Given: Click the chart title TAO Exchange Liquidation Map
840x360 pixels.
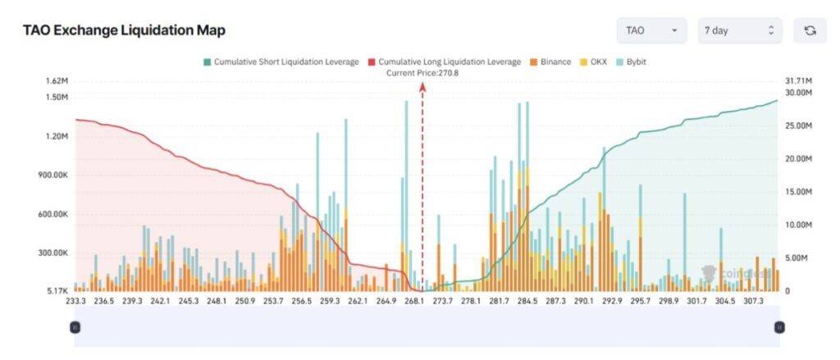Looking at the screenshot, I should point(124,30).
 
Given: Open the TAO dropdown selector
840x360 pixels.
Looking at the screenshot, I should point(651,30).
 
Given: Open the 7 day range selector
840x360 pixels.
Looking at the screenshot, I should point(739,30).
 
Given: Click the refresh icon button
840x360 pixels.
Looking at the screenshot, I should point(810,30).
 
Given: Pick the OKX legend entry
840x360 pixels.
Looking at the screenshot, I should point(597,62).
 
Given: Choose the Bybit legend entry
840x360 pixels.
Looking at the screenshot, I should point(635,62).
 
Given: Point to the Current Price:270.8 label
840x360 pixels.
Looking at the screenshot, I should point(422,73).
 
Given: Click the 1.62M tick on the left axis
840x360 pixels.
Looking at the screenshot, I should point(57,81).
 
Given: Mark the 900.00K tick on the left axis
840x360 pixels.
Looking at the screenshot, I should point(51,175).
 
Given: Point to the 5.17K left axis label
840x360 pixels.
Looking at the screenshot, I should point(56,291).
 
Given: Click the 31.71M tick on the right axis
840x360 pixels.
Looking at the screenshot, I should point(799,81).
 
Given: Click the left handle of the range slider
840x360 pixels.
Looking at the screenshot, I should point(75,326).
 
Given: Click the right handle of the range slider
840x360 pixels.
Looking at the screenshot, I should point(779,326).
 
